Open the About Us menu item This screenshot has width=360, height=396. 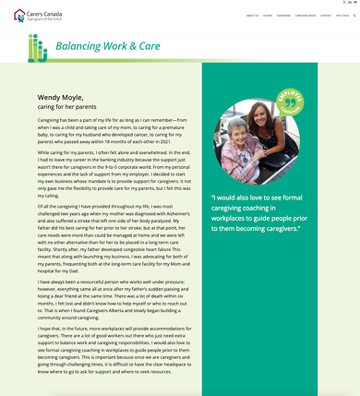[252, 16]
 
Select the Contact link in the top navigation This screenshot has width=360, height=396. [326, 16]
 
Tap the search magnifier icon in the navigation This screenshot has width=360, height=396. [354, 16]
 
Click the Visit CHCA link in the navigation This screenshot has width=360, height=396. [342, 16]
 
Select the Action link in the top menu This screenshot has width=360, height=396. [267, 16]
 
